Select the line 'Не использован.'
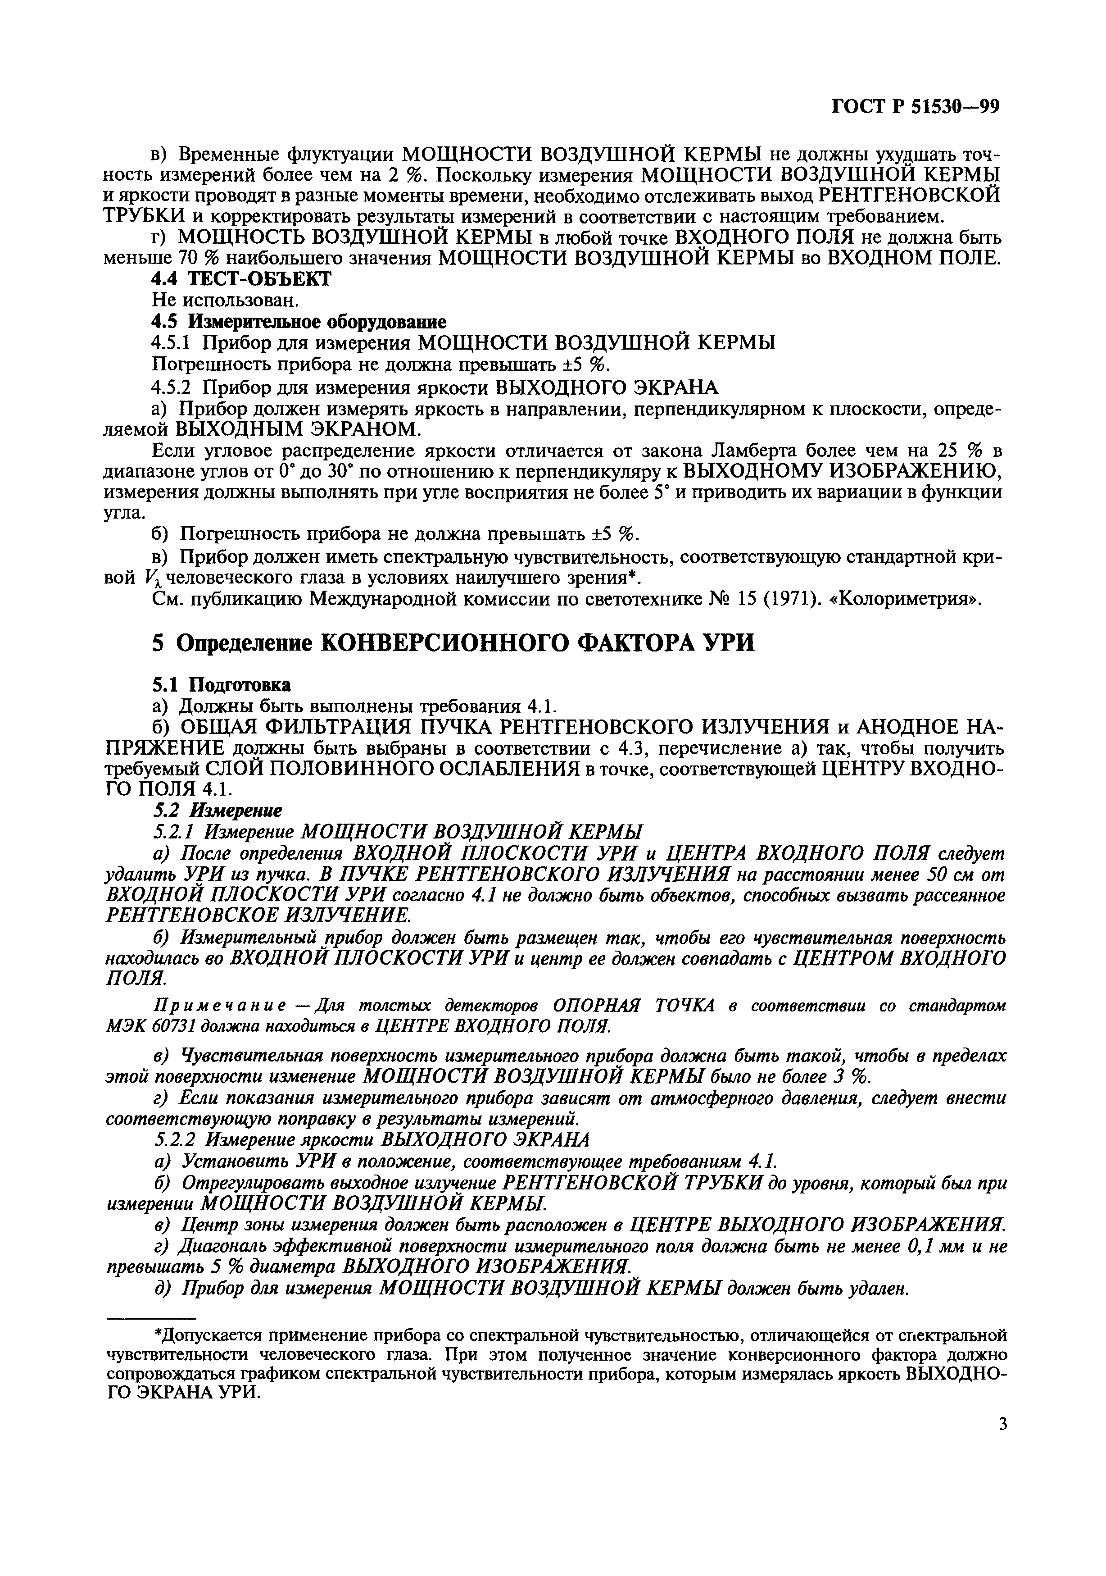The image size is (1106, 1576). point(216,300)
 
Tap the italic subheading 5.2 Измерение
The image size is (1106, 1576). point(217,811)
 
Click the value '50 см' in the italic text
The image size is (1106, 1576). point(951,875)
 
